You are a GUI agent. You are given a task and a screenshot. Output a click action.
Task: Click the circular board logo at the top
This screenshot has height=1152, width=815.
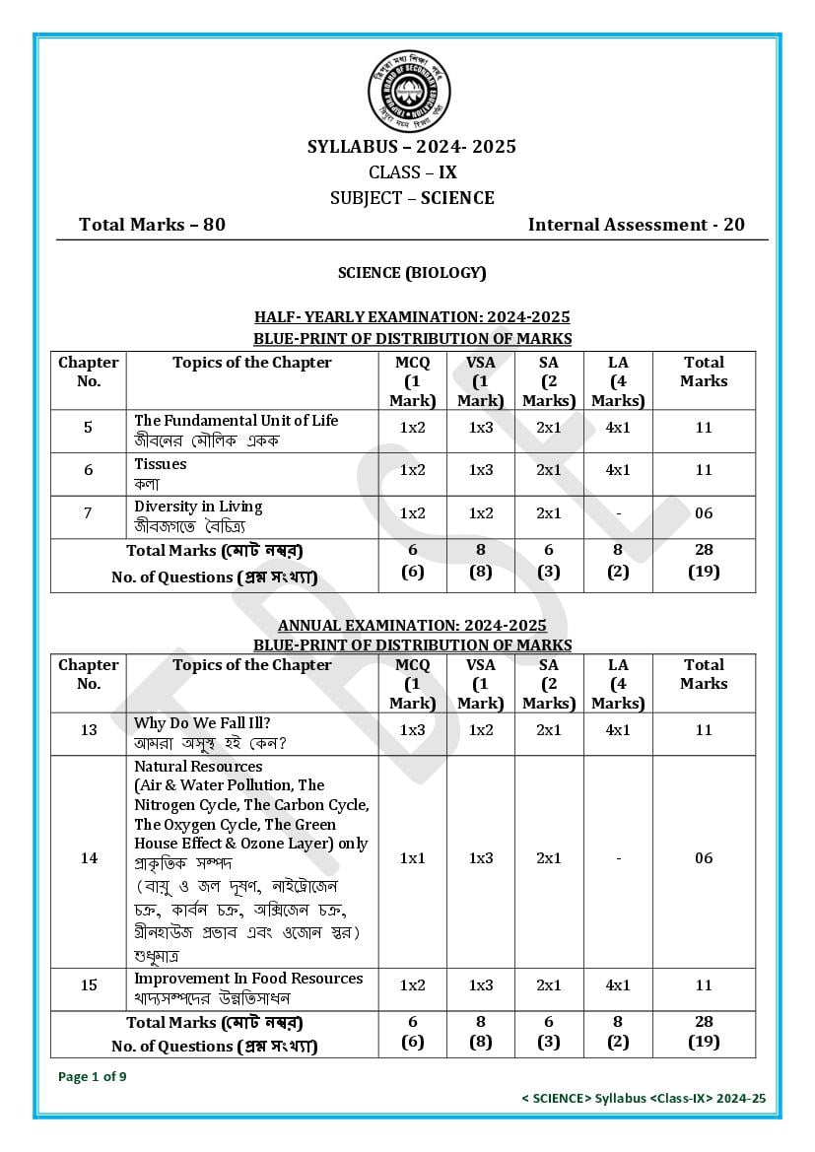[408, 92]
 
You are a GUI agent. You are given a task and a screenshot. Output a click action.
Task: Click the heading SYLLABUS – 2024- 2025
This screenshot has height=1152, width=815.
[412, 147]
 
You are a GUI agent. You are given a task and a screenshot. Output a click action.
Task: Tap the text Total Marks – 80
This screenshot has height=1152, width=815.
[152, 225]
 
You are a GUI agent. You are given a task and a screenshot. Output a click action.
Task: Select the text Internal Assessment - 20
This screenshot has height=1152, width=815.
[636, 225]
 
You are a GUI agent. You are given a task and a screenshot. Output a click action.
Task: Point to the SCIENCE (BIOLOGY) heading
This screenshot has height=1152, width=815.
[412, 273]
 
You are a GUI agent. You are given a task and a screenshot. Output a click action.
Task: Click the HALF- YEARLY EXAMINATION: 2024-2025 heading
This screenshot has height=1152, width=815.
[412, 317]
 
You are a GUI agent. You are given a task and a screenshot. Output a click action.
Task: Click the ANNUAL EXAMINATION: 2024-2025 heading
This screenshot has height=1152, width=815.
[412, 626]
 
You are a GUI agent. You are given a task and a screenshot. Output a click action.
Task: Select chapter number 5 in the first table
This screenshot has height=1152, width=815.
[89, 428]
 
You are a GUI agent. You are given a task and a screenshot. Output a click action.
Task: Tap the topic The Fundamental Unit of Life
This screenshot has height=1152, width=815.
[236, 421]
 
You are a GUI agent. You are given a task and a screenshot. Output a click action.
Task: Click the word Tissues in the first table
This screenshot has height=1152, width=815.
[160, 464]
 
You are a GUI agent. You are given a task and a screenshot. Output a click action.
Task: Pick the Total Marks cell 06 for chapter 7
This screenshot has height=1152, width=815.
[703, 513]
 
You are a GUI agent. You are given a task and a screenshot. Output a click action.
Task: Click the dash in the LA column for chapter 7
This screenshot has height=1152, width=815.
[618, 513]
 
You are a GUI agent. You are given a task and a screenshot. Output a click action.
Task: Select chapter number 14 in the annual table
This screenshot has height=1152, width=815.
[89, 858]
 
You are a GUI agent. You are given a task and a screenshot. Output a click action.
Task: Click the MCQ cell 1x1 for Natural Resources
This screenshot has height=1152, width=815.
[412, 858]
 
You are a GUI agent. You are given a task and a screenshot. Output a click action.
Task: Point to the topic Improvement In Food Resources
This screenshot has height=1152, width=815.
[248, 979]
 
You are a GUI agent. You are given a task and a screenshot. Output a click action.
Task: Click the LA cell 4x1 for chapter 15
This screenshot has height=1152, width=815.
[618, 985]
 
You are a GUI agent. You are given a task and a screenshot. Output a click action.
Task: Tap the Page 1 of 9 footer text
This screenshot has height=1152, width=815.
[93, 1076]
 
